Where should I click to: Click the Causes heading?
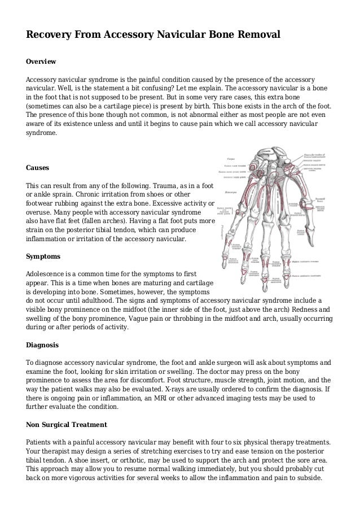tap(38, 168)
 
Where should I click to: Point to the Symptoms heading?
tap(43, 256)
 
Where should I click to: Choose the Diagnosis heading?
tap(44, 345)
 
